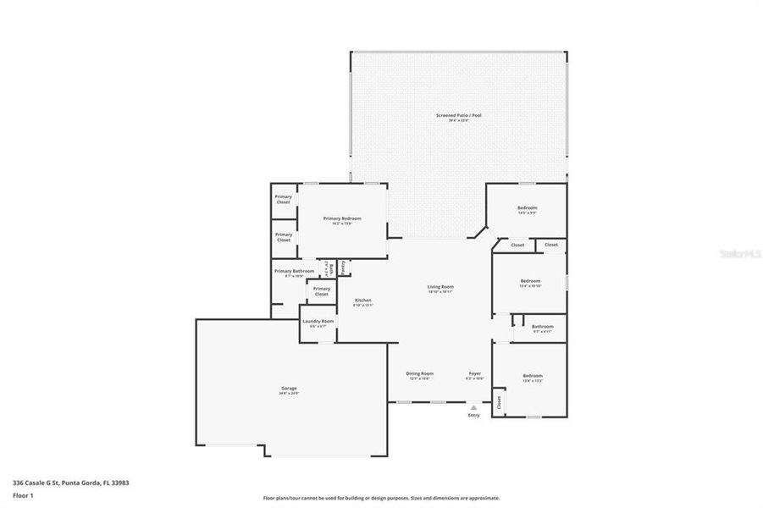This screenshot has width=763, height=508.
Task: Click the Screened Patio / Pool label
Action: click(x=458, y=115)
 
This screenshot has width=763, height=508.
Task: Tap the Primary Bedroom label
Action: click(x=342, y=218)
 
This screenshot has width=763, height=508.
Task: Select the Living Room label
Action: click(x=440, y=287)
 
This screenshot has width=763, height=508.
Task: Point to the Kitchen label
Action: click(x=362, y=301)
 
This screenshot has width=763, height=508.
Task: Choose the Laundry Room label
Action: click(x=318, y=322)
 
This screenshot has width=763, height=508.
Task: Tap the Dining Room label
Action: click(x=420, y=373)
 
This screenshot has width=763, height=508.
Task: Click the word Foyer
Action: click(x=475, y=373)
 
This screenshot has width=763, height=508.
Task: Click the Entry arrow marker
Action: click(x=473, y=407)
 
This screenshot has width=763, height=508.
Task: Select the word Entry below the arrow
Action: click(x=473, y=415)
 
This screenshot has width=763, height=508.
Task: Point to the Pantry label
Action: click(x=343, y=266)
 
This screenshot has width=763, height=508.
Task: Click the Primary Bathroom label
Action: click(x=294, y=271)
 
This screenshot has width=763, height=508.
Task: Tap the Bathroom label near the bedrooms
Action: click(x=543, y=327)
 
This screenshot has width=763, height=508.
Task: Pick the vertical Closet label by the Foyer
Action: click(x=499, y=400)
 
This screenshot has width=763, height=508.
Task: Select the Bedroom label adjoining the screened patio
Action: click(x=527, y=208)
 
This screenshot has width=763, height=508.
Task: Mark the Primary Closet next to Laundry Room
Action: click(x=322, y=290)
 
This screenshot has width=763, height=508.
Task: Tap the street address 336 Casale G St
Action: click(x=70, y=483)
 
